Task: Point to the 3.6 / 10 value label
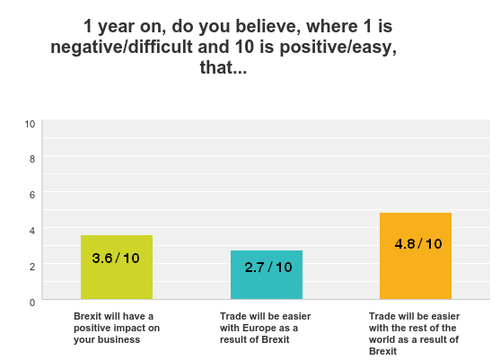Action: click(117, 259)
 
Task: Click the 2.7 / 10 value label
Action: click(268, 268)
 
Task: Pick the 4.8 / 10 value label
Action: click(417, 243)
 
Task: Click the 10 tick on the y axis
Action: click(30, 123)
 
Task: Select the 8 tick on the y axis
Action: click(31, 159)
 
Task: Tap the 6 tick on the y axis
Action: click(31, 195)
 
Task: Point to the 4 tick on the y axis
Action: click(31, 231)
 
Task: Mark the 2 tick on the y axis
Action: click(31, 267)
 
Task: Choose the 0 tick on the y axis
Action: click(31, 303)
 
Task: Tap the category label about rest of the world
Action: click(414, 333)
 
